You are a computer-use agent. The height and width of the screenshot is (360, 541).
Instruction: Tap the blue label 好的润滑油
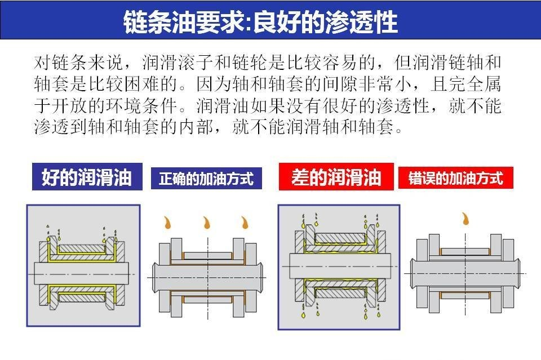87,178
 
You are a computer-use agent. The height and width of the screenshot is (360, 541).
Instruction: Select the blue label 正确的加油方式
206,179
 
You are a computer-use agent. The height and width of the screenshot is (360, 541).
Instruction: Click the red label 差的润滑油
335,178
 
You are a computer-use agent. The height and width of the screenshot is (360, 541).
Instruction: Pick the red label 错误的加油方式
455,179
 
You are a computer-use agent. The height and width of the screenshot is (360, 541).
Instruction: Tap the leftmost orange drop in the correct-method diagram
167,223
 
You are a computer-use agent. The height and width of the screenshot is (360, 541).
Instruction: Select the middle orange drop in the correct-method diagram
206,223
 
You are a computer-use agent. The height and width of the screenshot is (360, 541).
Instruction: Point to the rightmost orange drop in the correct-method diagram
245,223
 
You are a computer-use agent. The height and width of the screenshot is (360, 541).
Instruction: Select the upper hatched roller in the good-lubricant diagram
82,248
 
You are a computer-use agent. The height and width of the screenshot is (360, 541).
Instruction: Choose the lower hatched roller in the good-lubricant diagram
82,297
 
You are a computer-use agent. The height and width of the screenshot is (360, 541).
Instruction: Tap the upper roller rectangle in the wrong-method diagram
465,251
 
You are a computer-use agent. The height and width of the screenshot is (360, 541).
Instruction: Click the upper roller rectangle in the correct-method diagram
207,255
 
